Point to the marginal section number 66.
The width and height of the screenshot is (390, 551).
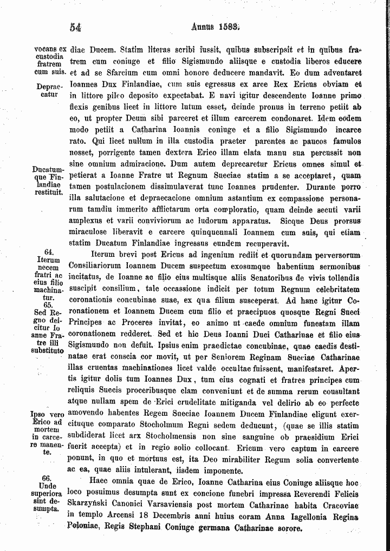click(x=46, y=479)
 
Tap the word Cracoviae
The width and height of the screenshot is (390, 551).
click(x=340, y=503)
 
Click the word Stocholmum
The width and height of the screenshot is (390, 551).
click(x=148, y=426)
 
